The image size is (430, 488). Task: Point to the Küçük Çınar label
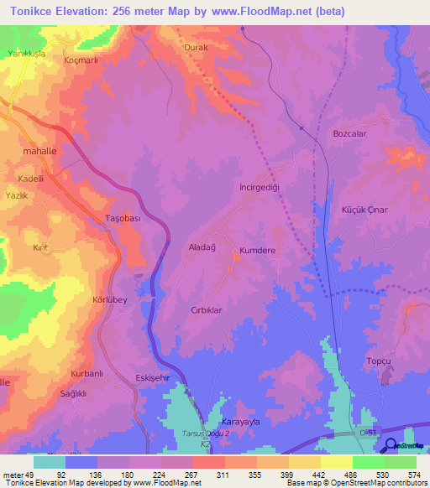tap(364, 210)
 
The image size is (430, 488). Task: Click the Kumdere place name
tap(259, 251)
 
